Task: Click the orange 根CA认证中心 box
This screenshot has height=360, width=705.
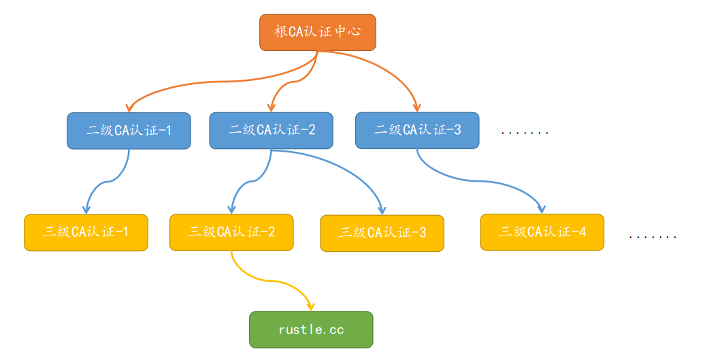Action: [317, 32]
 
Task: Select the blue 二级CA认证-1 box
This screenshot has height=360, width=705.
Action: [129, 130]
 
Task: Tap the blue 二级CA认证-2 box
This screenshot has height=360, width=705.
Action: [271, 130]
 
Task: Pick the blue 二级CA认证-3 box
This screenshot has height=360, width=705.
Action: [417, 130]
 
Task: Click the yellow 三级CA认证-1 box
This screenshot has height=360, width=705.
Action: [86, 232]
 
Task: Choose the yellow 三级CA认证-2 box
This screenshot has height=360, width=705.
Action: [231, 232]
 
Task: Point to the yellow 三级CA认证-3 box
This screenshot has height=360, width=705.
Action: [382, 233]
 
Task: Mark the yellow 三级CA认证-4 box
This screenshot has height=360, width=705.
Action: [542, 231]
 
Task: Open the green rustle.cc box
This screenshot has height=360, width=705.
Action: [311, 329]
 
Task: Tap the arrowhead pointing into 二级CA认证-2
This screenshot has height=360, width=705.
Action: [272, 108]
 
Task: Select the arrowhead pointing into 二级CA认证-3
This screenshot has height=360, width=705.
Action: [417, 108]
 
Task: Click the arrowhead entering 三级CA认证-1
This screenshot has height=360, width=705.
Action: [86, 210]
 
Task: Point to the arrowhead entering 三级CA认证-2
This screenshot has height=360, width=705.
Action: [232, 210]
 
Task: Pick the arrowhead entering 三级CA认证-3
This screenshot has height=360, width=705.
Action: [382, 210]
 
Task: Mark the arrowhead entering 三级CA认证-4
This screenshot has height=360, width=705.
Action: [542, 209]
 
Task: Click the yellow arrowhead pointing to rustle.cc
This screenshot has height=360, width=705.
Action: [311, 307]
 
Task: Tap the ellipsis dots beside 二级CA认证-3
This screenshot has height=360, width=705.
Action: [524, 133]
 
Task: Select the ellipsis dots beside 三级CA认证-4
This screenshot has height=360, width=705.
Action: [653, 238]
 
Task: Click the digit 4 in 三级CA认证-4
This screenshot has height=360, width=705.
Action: [582, 232]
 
